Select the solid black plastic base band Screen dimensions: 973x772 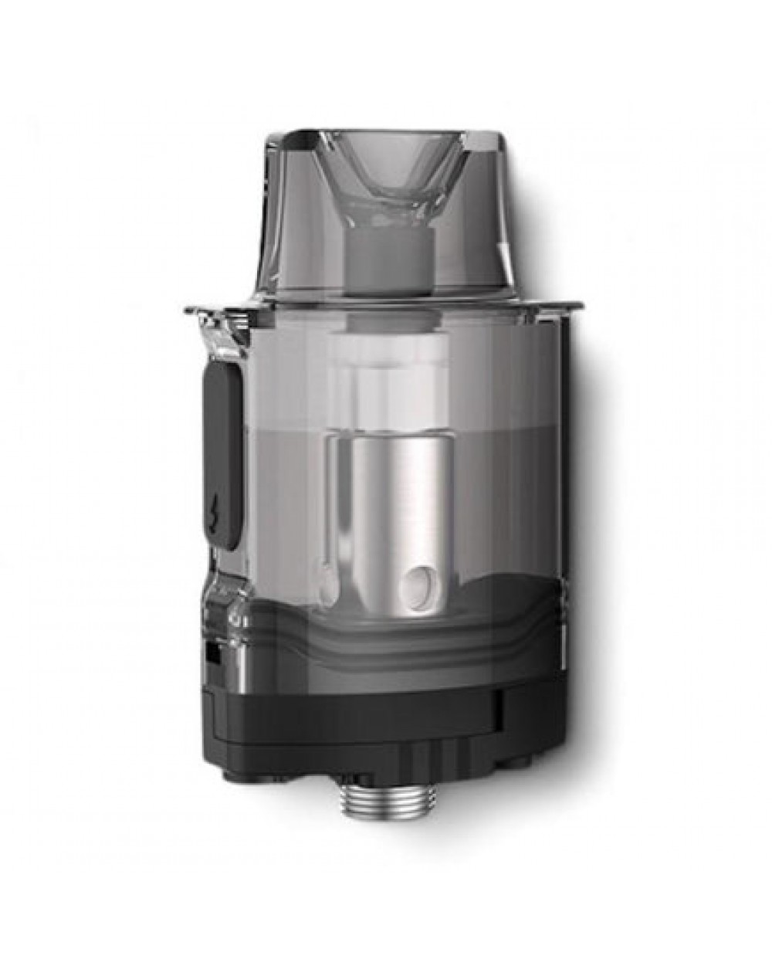(363, 699)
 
